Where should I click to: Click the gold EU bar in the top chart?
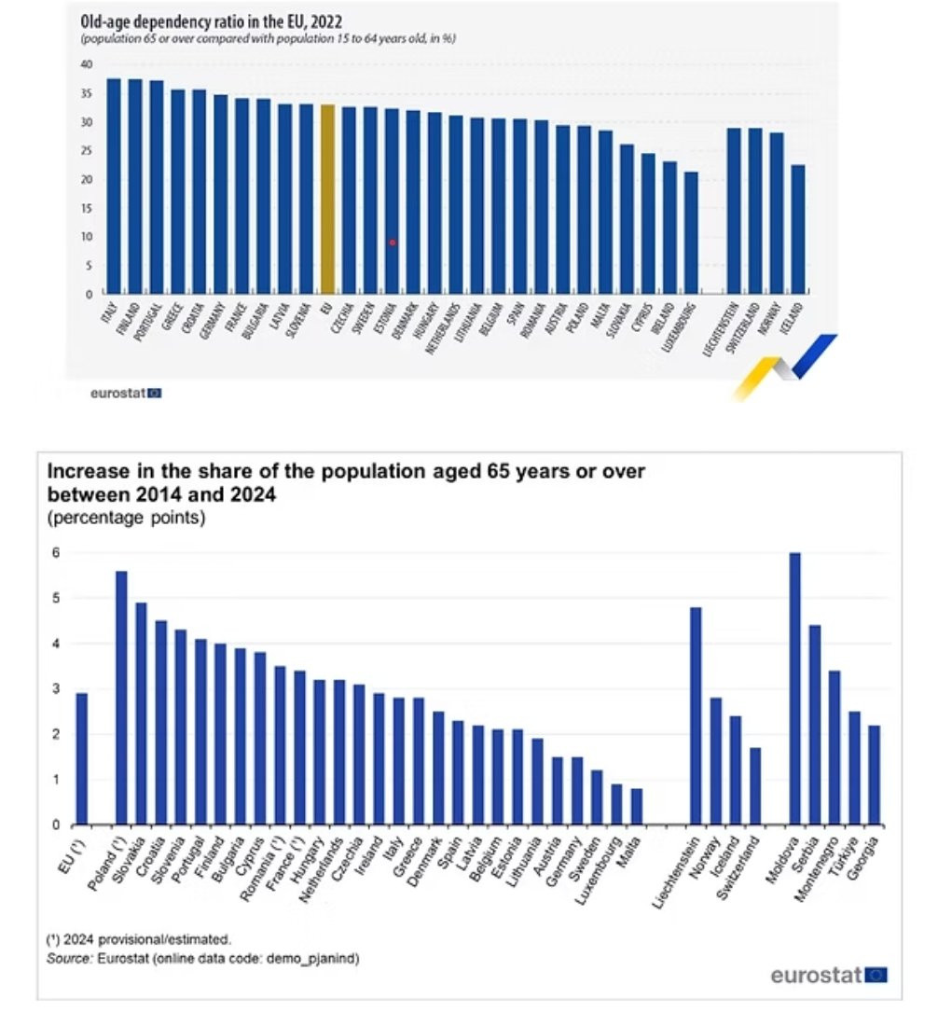coord(327,200)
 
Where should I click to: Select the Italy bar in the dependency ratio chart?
coord(114,187)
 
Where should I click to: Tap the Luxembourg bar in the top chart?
coord(691,233)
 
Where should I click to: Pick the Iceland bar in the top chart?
coord(797,229)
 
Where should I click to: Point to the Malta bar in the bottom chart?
coord(636,807)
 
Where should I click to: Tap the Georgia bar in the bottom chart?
coord(874,775)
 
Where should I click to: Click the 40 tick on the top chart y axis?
coord(87,64)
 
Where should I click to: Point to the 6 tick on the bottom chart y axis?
coord(55,553)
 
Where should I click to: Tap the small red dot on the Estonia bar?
coord(393,243)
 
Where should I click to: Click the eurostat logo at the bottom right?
coord(828,976)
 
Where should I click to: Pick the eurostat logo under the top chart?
coord(126,394)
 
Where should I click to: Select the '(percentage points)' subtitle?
coord(126,519)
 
